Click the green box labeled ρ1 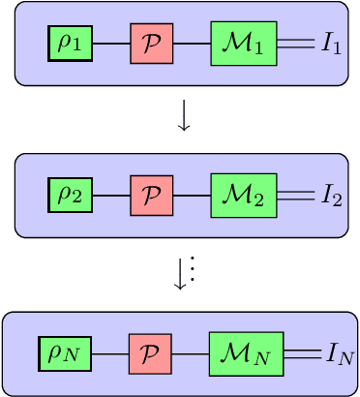tap(71, 44)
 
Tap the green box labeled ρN tap(65, 352)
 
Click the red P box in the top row tap(150, 44)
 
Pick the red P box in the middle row tap(150, 196)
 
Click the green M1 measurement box tap(243, 44)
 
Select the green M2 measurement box tap(243, 196)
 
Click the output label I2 tap(332, 197)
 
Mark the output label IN tap(339, 354)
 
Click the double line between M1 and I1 tap(295, 44)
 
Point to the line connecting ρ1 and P tap(111, 44)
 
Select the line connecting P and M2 tap(191, 196)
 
